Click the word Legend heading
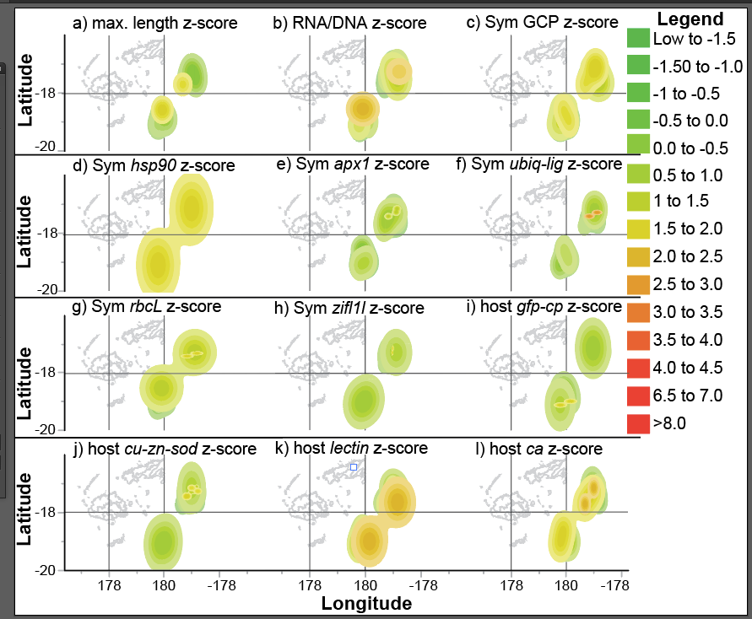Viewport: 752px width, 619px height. (690, 19)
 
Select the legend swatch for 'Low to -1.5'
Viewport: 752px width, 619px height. (638, 39)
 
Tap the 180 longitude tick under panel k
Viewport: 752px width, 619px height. (365, 584)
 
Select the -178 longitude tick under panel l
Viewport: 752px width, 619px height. (619, 584)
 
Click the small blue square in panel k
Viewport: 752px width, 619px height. (354, 466)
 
